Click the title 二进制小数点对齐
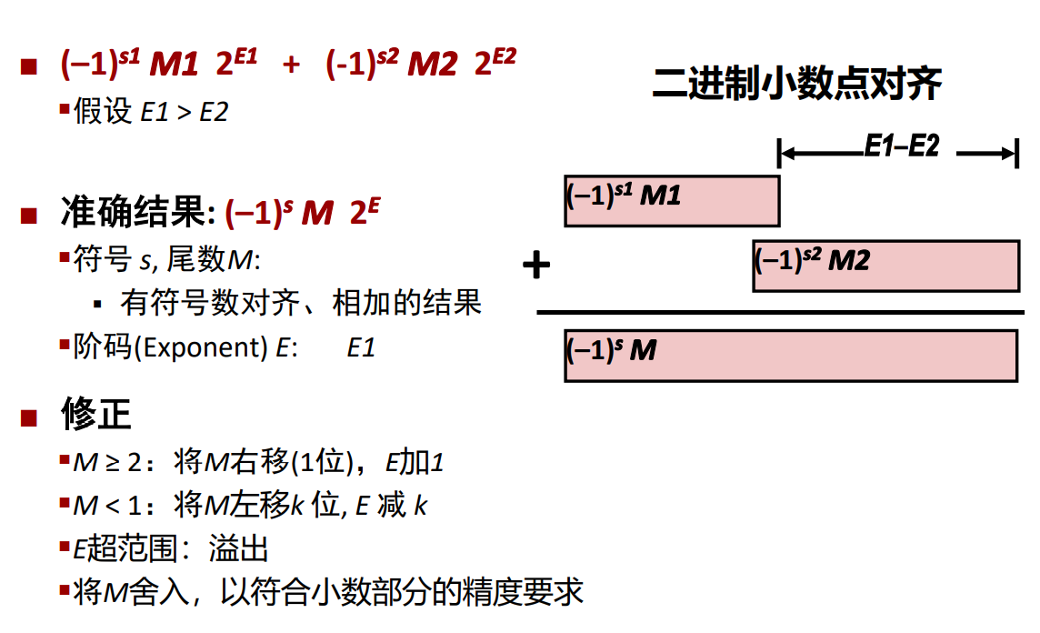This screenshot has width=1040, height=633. click(x=797, y=84)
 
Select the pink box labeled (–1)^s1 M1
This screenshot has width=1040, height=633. click(x=672, y=200)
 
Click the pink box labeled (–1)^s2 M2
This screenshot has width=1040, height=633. click(x=885, y=266)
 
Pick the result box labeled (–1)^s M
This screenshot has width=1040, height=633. click(x=790, y=356)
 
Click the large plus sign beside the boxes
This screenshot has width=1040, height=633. click(x=537, y=266)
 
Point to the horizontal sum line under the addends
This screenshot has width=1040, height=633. click(x=780, y=312)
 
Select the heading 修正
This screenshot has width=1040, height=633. click(x=96, y=415)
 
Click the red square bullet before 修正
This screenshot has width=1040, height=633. click(x=29, y=417)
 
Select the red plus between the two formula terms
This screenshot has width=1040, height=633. click(x=291, y=65)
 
